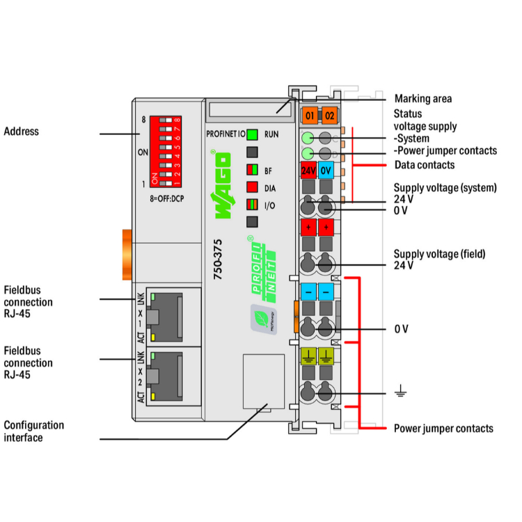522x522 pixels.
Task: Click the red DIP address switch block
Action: coord(166,152)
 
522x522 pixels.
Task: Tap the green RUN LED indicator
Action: coord(252,135)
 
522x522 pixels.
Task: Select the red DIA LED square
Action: coord(252,187)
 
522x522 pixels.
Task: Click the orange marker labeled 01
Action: coord(309,116)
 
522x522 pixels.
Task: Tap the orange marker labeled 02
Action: coord(329,116)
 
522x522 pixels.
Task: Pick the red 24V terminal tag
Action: coord(308,170)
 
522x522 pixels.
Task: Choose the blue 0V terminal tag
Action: coord(326,170)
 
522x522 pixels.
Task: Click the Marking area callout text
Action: coord(422,99)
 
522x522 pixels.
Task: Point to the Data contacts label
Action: coord(424,165)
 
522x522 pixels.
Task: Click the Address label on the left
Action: coord(22,132)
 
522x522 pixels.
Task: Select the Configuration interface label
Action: coord(33,431)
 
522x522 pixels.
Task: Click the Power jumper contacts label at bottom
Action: coord(443,428)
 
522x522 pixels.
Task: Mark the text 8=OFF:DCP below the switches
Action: coord(167,198)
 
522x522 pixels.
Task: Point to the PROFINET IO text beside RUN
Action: coord(225,135)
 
